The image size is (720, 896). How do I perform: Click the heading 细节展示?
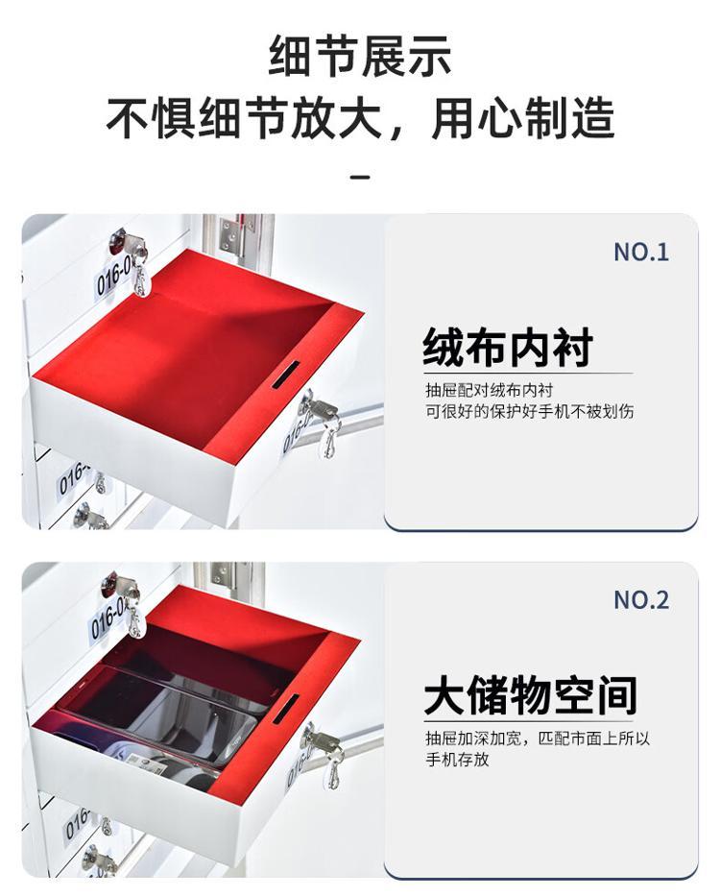[360, 56]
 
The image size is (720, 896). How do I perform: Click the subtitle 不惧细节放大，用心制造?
[360, 118]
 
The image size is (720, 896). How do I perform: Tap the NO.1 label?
[640, 252]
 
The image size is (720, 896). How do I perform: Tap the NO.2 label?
[640, 600]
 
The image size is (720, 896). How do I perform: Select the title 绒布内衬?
[508, 348]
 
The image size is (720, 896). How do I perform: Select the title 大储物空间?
[530, 695]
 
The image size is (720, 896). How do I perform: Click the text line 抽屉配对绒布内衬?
[490, 390]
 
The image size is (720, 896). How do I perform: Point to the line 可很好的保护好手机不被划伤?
[529, 411]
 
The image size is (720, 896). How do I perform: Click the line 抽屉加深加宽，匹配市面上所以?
[538, 739]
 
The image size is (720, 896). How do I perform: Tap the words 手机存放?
[457, 760]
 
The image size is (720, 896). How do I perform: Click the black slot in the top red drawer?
[285, 375]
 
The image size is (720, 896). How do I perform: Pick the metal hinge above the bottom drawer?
[226, 573]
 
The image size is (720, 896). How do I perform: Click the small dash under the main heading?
[359, 177]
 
